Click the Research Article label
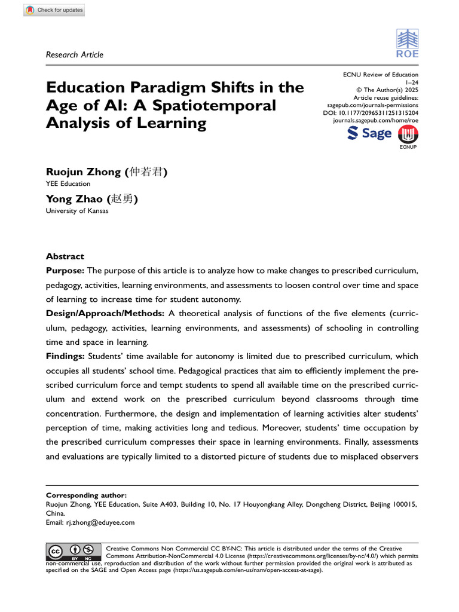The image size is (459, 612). click(x=75, y=55)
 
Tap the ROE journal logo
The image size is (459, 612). click(x=408, y=44)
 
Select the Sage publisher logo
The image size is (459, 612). click(x=369, y=133)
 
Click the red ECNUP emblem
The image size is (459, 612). click(x=408, y=135)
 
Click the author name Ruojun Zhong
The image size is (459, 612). click(x=84, y=172)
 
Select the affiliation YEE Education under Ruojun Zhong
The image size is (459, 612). click(x=68, y=184)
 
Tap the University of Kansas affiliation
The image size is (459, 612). click(x=77, y=212)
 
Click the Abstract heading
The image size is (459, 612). click(x=65, y=256)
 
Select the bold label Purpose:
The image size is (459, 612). click(x=66, y=271)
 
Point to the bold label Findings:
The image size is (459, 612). click(x=66, y=357)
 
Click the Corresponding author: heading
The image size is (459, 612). click(x=86, y=495)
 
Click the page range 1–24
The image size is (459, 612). click(x=412, y=82)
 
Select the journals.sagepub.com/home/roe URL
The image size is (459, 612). click(x=375, y=121)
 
